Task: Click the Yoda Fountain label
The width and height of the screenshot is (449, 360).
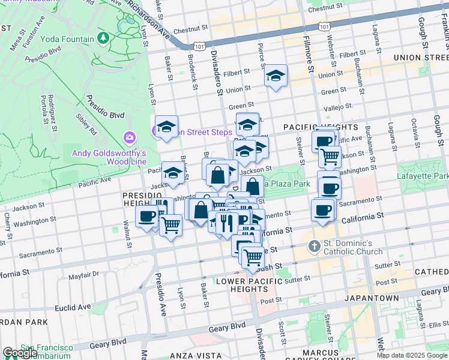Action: click(x=68, y=39)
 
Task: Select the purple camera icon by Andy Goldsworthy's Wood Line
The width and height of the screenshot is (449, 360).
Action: click(x=129, y=139)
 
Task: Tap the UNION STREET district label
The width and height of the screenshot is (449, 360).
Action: click(x=421, y=58)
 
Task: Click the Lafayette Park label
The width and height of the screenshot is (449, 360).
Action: click(x=423, y=176)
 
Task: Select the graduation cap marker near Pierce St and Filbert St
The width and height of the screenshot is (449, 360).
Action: click(x=276, y=76)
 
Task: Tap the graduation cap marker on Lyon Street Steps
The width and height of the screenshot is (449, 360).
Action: click(x=166, y=127)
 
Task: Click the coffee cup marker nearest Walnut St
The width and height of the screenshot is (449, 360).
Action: click(x=146, y=217)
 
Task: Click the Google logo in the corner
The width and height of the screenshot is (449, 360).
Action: click(x=20, y=352)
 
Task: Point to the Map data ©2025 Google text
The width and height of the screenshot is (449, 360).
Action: click(x=411, y=355)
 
